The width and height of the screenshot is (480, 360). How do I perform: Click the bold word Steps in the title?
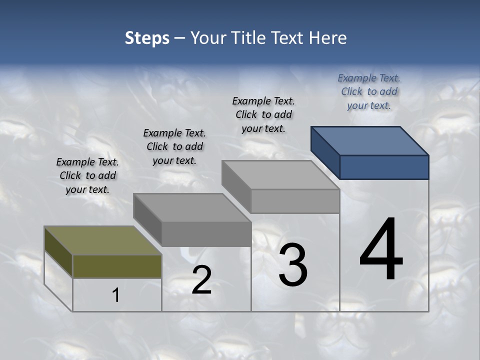pos(147,38)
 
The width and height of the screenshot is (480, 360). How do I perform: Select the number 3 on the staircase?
pos(293,265)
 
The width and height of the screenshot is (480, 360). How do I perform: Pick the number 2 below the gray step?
pos(201,280)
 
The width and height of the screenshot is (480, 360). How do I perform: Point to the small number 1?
pos(116,295)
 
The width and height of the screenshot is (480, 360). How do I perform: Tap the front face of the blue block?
pos(384,167)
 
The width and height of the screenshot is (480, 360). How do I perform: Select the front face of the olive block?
pos(117,266)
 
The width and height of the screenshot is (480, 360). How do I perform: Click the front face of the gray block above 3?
pos(295,201)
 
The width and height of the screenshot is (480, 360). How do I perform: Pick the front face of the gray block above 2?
pos(206,234)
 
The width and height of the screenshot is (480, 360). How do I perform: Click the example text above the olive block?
pos(87,175)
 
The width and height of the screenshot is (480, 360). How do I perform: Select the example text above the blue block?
pos(369,91)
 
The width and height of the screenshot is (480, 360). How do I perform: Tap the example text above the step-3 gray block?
pos(263,114)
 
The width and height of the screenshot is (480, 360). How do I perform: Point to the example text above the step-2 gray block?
pos(174,146)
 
